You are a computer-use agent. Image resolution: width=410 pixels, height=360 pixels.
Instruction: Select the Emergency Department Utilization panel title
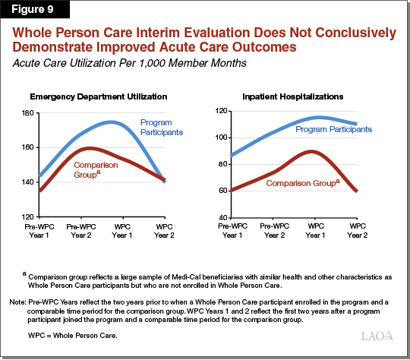click(x=99, y=97)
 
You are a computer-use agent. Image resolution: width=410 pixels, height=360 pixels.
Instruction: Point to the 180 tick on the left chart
click(x=25, y=112)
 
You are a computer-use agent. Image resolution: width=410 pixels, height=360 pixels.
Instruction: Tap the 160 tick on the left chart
click(x=25, y=147)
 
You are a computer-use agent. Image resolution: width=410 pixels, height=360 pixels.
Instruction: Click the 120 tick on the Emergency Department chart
click(x=25, y=216)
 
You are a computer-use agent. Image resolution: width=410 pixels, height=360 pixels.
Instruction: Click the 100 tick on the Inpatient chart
click(x=221, y=137)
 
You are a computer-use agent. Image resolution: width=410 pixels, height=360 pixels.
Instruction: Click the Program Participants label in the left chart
click(x=163, y=127)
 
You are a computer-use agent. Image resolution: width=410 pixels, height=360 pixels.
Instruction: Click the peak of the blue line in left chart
click(x=131, y=122)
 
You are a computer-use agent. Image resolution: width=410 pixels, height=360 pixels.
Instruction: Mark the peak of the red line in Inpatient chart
click(x=311, y=151)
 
